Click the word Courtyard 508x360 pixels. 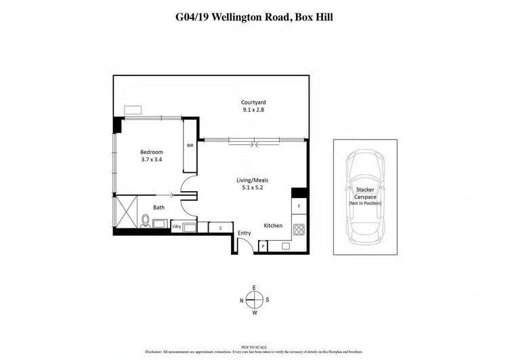coord(253,102)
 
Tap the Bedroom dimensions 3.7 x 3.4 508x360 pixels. coord(151,160)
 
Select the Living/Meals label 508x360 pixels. coord(252,180)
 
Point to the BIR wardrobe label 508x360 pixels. coord(190,145)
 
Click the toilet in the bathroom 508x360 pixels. coord(144,221)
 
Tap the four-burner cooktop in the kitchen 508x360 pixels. coord(298,229)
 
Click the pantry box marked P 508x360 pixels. coord(263,247)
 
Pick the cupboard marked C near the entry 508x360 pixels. coord(221,228)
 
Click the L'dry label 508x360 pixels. coord(177,225)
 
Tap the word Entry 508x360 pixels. coord(245,233)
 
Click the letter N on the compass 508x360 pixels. coord(241,300)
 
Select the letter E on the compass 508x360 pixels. coord(254,287)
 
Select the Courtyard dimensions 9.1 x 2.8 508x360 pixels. coord(253,110)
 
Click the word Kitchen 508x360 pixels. coord(273,225)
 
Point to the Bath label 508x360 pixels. coord(158,207)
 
